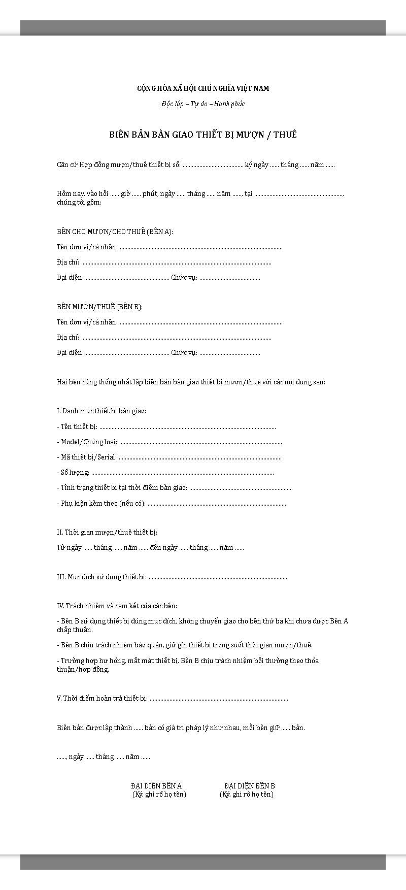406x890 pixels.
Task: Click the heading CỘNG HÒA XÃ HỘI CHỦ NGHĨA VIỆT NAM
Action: tap(203, 88)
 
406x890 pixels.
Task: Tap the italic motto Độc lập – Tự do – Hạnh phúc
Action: tap(203, 104)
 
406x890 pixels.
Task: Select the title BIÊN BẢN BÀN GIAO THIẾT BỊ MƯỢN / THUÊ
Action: tap(203, 135)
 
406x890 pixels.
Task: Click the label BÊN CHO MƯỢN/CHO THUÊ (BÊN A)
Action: tap(115, 232)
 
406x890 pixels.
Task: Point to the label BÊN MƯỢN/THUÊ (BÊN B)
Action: tap(99, 307)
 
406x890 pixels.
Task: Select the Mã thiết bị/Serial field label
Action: tap(87, 457)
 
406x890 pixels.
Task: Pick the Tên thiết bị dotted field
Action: tap(188, 427)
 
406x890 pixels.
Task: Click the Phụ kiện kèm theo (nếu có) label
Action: tap(101, 504)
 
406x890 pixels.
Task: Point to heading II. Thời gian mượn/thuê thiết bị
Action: tap(107, 532)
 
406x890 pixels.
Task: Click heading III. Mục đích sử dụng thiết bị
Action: tap(101, 577)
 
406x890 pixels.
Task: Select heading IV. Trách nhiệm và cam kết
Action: tap(117, 606)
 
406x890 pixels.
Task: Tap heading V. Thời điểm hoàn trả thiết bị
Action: tap(102, 698)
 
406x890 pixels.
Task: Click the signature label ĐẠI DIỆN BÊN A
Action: tap(156, 786)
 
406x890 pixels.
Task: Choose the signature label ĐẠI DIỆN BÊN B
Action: tap(250, 786)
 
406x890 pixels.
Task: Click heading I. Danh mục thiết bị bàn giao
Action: tap(101, 410)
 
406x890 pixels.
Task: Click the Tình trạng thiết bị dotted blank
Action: tap(241, 488)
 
